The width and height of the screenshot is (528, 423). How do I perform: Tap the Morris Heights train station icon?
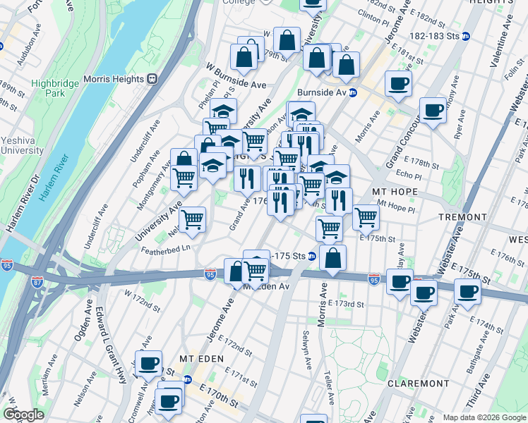(x=150, y=79)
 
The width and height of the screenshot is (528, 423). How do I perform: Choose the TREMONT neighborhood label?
(x=462, y=216)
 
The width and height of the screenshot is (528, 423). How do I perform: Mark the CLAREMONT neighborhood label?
(x=419, y=384)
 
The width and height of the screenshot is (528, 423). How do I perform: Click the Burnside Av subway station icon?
(x=353, y=92)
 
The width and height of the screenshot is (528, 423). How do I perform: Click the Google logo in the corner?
(x=24, y=415)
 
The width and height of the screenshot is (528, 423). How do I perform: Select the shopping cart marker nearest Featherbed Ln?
(x=192, y=220)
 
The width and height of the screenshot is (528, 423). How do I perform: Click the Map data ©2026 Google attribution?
(x=484, y=417)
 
